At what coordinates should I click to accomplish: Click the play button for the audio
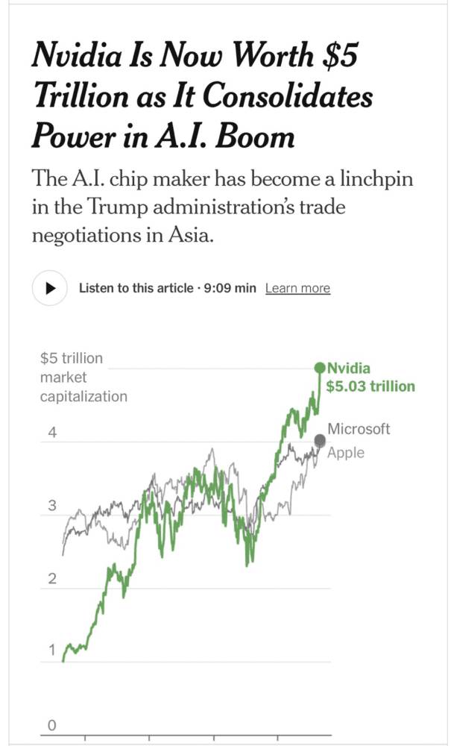pyautogui.click(x=50, y=288)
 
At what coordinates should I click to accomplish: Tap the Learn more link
pyautogui.click(x=297, y=289)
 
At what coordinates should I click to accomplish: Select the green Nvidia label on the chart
pyautogui.click(x=349, y=368)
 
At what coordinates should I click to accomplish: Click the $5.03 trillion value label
pyautogui.click(x=370, y=386)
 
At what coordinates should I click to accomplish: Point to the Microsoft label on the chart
pyautogui.click(x=359, y=429)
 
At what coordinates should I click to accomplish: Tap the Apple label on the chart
pyautogui.click(x=346, y=452)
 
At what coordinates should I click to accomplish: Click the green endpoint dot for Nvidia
pyautogui.click(x=321, y=368)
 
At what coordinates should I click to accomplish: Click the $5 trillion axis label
pyautogui.click(x=71, y=358)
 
